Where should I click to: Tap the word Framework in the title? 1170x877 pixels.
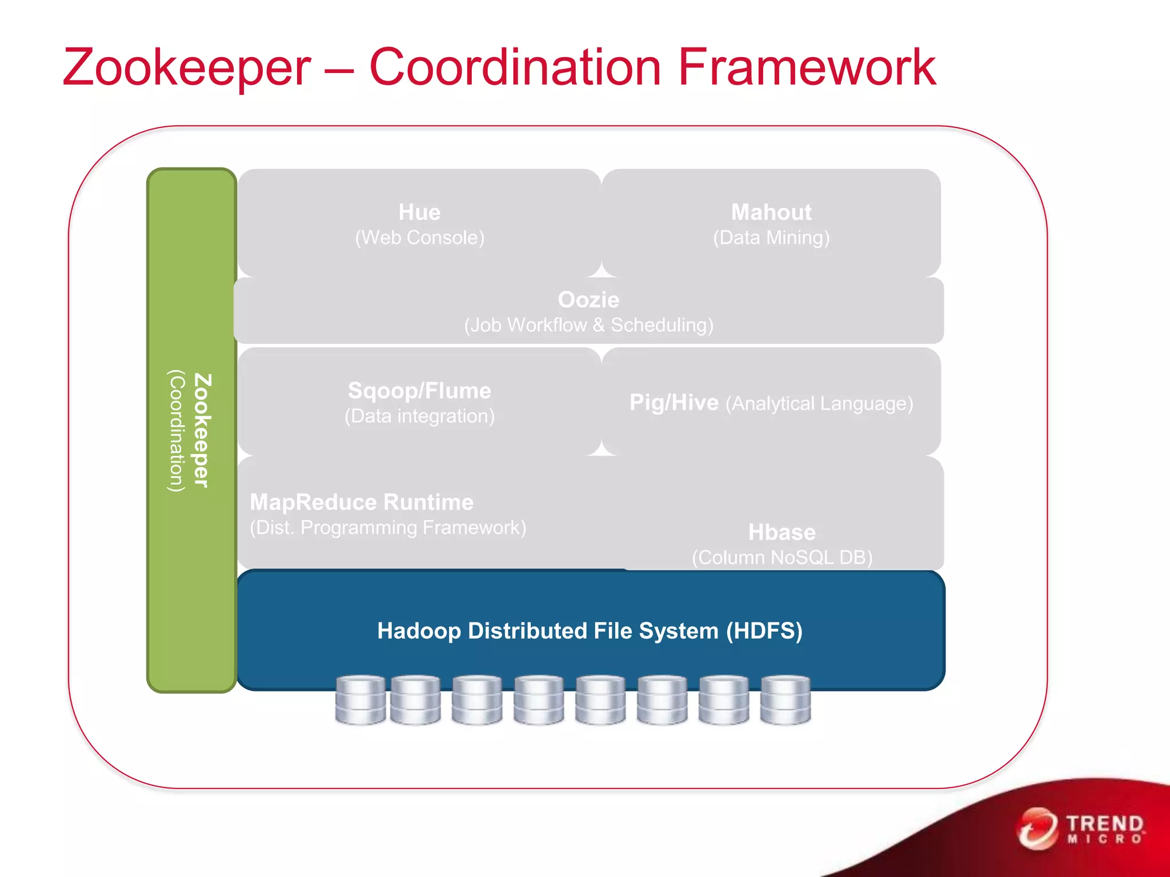(x=806, y=67)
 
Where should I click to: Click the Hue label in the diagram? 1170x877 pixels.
(x=419, y=212)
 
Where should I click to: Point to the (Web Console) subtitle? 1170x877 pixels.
(x=419, y=238)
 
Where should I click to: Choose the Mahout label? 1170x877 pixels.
(x=771, y=212)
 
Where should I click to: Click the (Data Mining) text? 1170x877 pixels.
(x=771, y=238)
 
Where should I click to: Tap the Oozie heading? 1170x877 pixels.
(x=588, y=300)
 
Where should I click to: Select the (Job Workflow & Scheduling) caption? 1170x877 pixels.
(x=588, y=325)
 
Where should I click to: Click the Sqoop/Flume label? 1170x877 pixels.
(x=419, y=391)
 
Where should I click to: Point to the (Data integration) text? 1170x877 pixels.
(x=419, y=416)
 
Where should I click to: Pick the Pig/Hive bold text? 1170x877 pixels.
(x=674, y=403)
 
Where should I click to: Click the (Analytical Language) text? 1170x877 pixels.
(x=819, y=404)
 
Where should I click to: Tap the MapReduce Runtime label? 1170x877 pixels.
(x=362, y=502)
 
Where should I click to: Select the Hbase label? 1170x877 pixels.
(x=782, y=532)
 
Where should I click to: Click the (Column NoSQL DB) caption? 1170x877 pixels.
(x=782, y=557)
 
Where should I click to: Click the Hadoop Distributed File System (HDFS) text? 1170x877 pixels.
(x=590, y=631)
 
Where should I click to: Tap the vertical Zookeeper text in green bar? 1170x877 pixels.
(x=202, y=431)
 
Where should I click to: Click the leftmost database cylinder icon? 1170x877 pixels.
(x=360, y=700)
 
